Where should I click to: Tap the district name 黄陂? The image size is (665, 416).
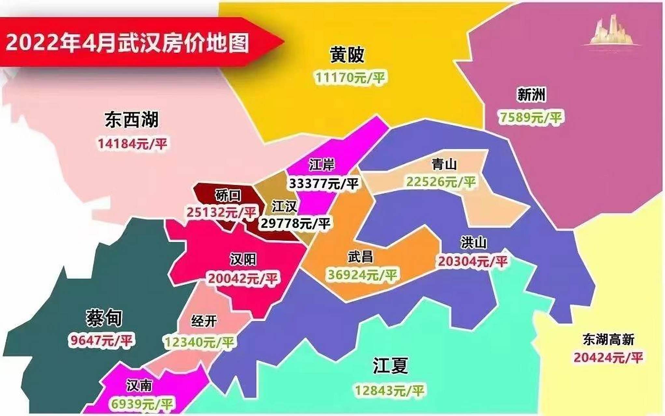347,54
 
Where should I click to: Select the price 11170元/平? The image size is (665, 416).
350,78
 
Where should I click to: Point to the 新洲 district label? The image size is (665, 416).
531,95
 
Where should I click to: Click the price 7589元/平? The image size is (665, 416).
531,117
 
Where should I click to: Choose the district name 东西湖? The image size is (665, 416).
132,120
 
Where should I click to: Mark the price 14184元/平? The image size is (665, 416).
132,143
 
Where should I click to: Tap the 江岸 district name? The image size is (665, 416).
322,164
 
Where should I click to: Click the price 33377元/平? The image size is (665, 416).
324,184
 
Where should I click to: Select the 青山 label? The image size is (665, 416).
444,164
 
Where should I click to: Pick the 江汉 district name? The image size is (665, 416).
284,206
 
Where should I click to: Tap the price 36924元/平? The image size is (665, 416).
362,275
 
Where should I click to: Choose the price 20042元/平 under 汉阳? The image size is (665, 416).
242,279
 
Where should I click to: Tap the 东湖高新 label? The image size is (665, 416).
608,340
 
